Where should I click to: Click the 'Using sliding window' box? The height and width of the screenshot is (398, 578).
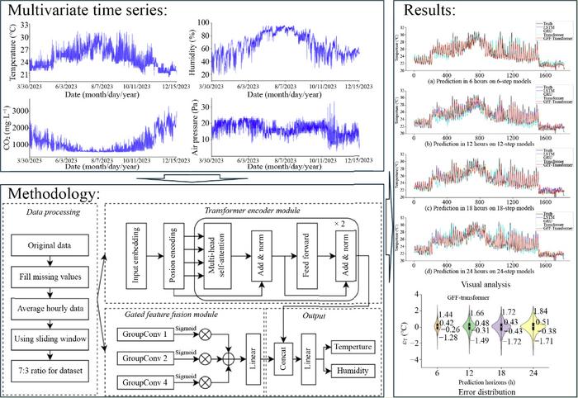(51, 337)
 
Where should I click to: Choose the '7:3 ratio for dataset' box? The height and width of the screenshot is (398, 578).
(51, 366)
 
